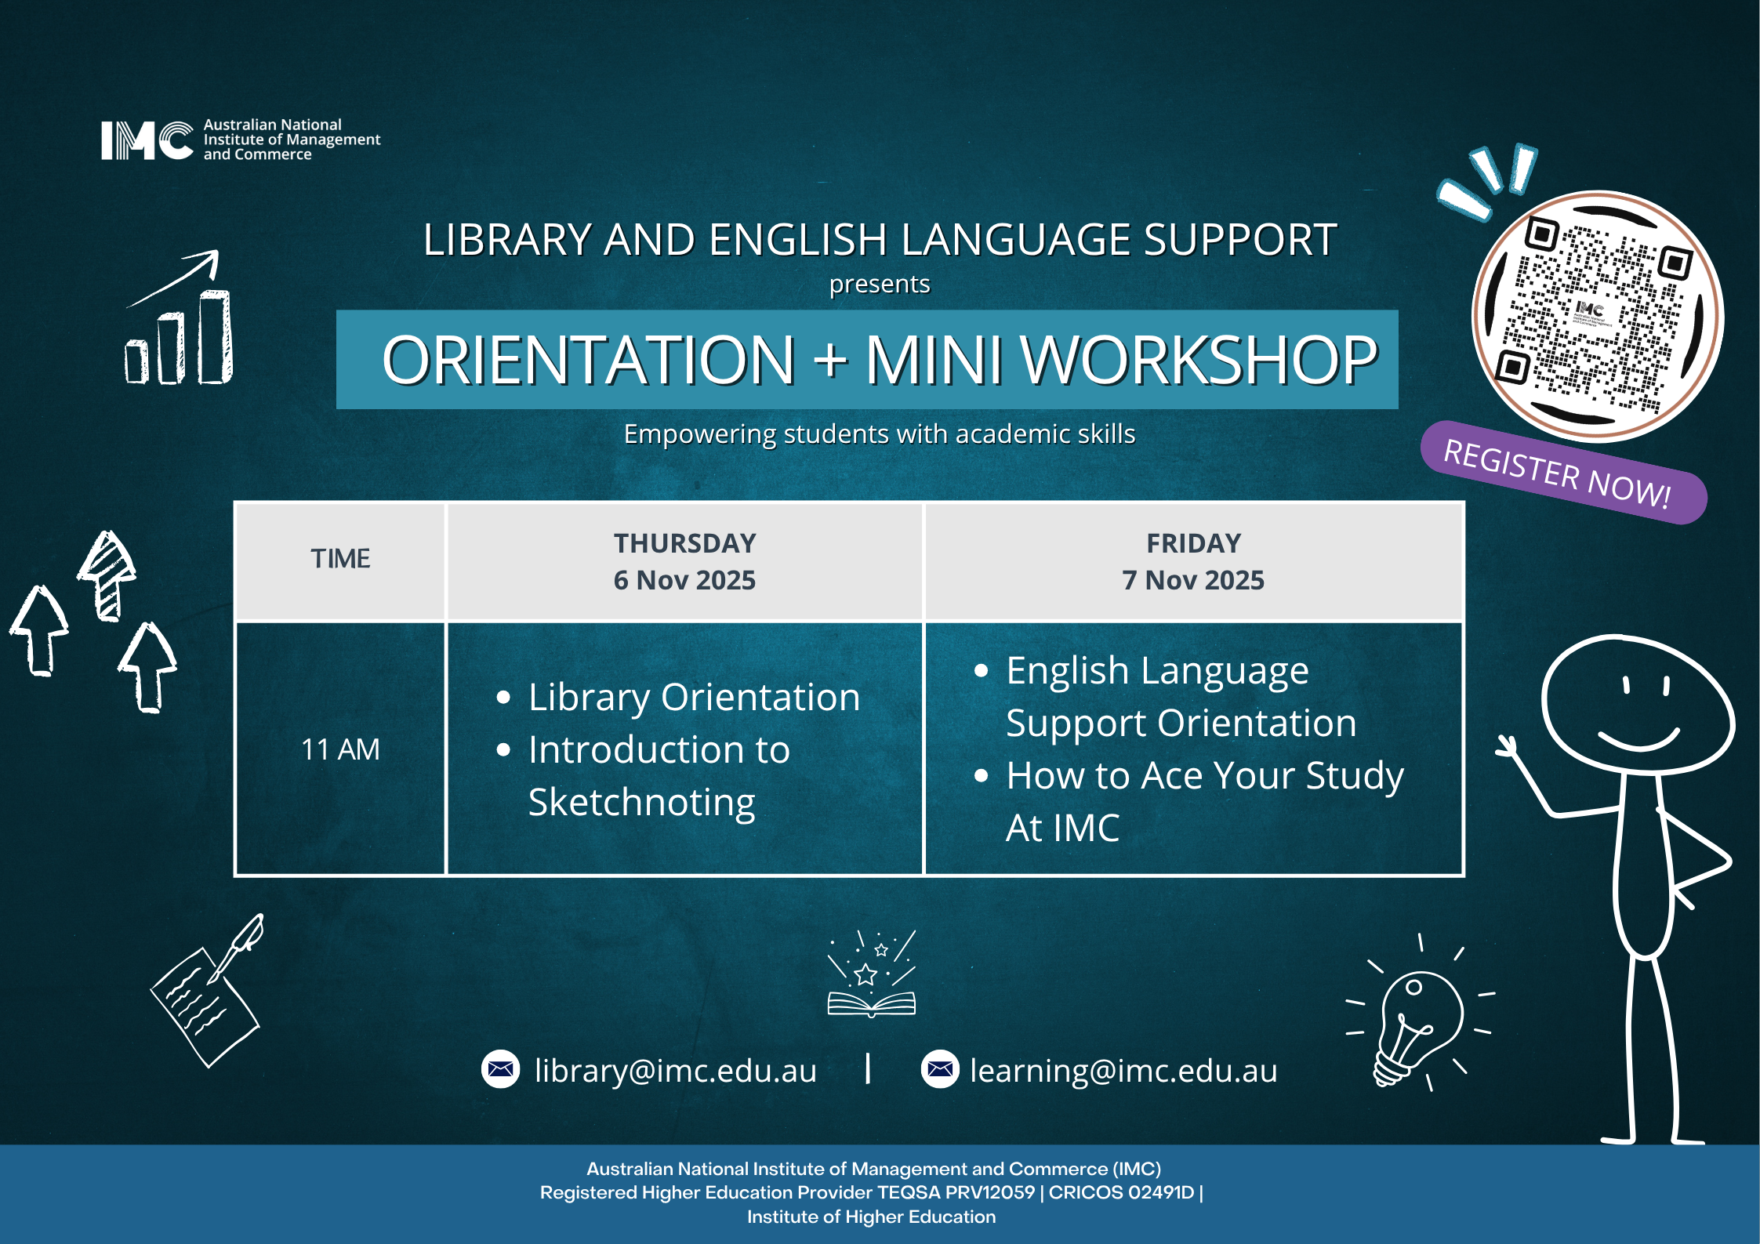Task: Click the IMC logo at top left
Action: tap(147, 140)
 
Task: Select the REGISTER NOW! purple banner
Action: tap(1562, 473)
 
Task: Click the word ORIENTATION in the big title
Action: tap(589, 361)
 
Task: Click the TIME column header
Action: tap(340, 559)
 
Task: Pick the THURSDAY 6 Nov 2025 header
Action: tap(684, 561)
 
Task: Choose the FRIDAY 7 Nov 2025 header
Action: tap(1193, 561)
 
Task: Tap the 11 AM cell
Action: tap(340, 749)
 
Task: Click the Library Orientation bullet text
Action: tap(694, 697)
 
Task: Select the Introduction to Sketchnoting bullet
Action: tap(659, 775)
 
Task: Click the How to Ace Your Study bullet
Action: tap(1204, 800)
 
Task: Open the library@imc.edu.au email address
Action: tap(675, 1070)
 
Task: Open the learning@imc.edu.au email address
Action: tap(1123, 1070)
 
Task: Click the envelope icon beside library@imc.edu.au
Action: tap(500, 1069)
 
